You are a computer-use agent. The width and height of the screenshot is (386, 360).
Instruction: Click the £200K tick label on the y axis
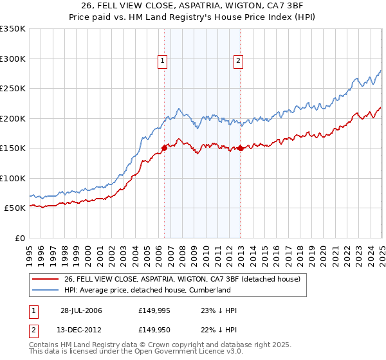13,118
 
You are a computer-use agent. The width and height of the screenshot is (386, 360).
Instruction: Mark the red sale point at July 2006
164,148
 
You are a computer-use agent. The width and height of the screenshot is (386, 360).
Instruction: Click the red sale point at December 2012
241,148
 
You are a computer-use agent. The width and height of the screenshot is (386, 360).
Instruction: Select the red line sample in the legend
46,279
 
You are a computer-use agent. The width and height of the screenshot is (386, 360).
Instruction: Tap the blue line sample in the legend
46,290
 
